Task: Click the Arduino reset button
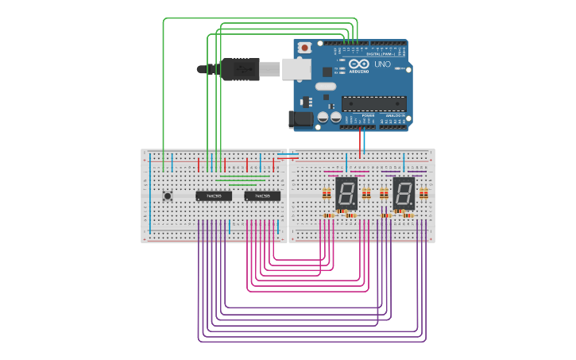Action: point(304,48)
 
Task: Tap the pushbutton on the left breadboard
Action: point(168,195)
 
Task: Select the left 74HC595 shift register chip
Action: point(214,195)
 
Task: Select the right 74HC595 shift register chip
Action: point(262,195)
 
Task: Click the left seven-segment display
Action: point(346,193)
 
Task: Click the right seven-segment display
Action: point(404,193)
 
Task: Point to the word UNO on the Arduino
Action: point(382,64)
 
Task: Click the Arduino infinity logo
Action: point(358,64)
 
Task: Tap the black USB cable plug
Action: point(239,69)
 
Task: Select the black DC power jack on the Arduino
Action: point(300,119)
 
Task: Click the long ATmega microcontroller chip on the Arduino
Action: point(373,103)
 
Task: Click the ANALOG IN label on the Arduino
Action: point(394,115)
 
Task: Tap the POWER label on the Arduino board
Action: point(367,115)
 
